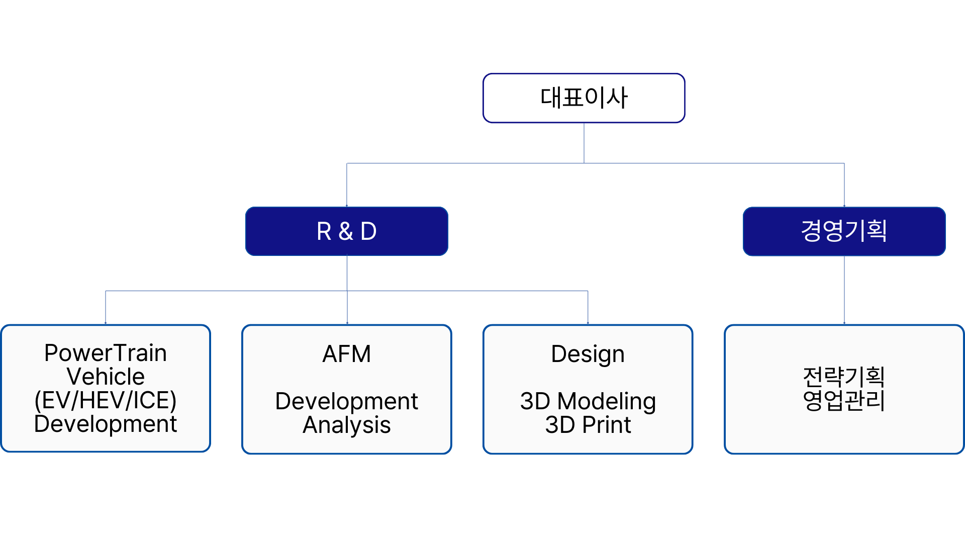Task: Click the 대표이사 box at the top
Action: (x=584, y=98)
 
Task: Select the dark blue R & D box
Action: (x=347, y=231)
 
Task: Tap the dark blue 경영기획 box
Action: (x=844, y=231)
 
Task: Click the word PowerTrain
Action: (x=106, y=353)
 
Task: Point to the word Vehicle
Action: (x=106, y=377)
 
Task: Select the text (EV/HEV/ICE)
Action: (x=106, y=400)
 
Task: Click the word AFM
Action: (x=347, y=354)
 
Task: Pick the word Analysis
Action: (x=347, y=425)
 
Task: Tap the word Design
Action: (x=588, y=354)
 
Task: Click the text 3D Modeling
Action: (x=588, y=402)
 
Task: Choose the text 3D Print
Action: (x=588, y=425)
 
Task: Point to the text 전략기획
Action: (x=844, y=376)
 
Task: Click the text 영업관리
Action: (x=844, y=400)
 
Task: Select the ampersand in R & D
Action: (x=346, y=231)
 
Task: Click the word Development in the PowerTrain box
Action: (x=106, y=424)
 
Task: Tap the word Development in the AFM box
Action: (x=347, y=401)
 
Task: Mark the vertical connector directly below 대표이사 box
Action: (x=584, y=143)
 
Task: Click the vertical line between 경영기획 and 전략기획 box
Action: (x=844, y=290)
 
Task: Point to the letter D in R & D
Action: (x=368, y=231)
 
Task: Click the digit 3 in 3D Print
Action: (x=552, y=425)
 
